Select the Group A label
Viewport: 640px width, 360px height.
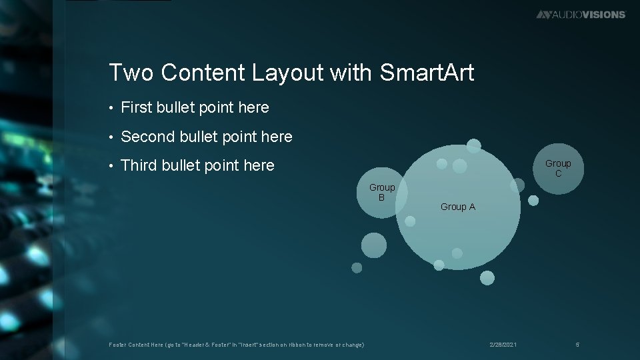tap(458, 207)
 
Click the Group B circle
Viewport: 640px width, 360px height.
tap(381, 193)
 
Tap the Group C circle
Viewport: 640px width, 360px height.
tap(558, 168)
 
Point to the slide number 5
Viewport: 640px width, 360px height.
tap(577, 344)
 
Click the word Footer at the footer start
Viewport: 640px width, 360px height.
tap(117, 345)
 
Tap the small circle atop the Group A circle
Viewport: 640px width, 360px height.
tap(473, 145)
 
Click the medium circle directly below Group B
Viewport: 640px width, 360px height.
tap(373, 245)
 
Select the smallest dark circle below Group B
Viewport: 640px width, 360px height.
tap(357, 267)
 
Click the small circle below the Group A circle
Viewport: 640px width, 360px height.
tap(487, 277)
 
